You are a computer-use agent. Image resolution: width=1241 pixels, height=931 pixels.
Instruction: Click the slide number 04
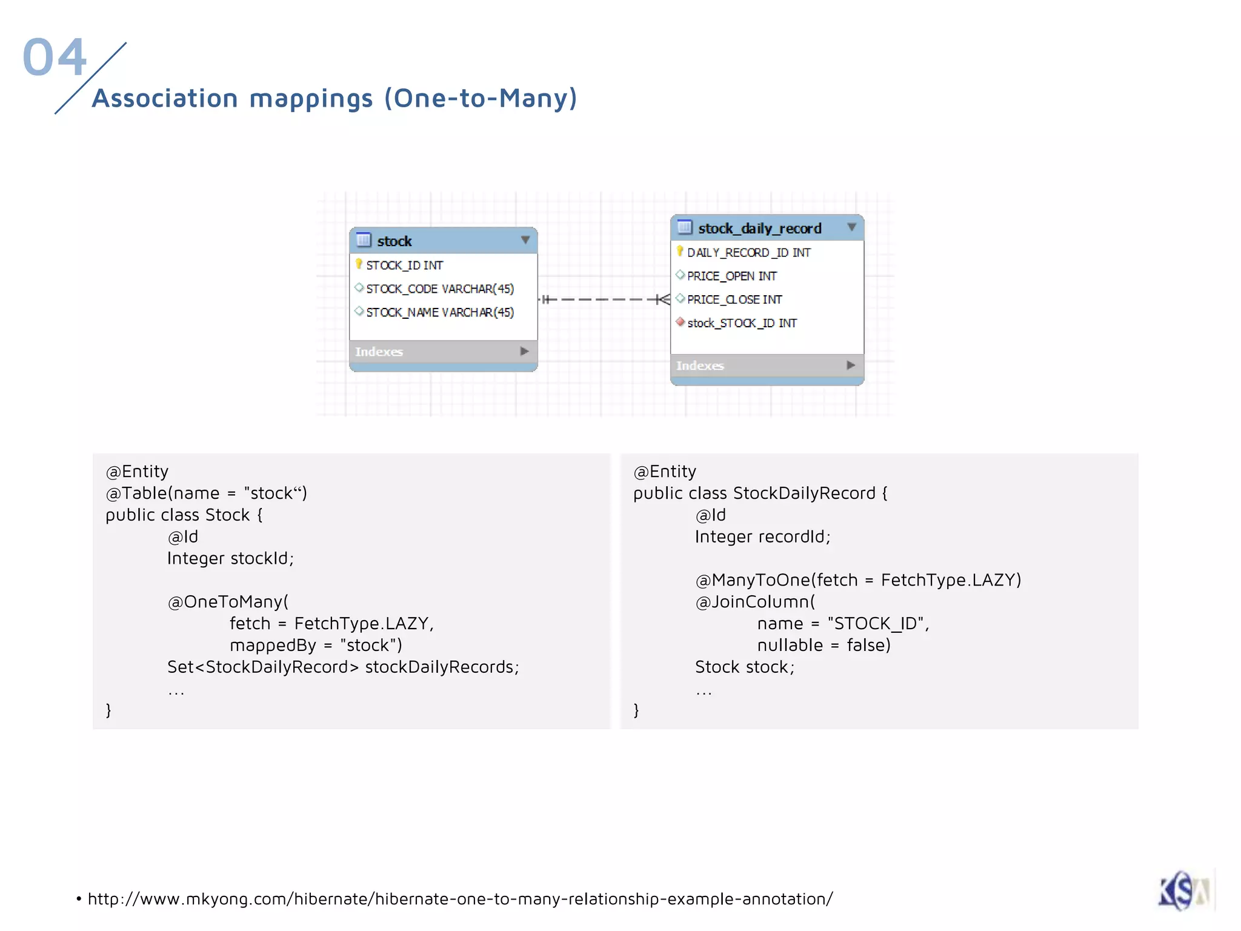(x=55, y=57)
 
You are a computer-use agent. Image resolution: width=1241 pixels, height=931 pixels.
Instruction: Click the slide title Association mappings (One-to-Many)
(x=334, y=98)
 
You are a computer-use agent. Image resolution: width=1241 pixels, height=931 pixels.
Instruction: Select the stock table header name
(x=394, y=241)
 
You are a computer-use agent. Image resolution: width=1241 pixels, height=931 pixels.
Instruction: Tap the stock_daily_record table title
(x=759, y=229)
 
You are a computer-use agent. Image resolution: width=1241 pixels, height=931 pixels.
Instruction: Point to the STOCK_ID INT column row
(x=404, y=265)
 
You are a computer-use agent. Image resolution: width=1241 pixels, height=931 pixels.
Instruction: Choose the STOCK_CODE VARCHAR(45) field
(x=439, y=289)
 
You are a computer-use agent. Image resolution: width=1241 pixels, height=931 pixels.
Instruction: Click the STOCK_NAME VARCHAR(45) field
(x=439, y=313)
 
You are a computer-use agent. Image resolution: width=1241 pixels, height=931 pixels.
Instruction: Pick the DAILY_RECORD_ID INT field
(x=748, y=253)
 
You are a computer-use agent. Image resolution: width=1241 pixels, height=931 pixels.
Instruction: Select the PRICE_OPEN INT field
(x=731, y=276)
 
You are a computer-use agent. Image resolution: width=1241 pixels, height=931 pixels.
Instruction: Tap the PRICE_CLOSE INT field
(x=734, y=300)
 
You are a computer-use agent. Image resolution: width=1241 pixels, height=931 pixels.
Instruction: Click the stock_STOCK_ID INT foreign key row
(x=742, y=324)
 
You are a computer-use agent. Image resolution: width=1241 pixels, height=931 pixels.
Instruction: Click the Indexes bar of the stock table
(x=442, y=352)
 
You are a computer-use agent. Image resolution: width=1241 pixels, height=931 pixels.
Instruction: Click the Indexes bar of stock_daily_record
(x=766, y=365)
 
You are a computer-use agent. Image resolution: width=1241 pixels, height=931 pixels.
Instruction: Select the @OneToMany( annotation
(x=228, y=602)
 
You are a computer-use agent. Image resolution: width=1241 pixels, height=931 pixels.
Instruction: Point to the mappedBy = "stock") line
(x=316, y=646)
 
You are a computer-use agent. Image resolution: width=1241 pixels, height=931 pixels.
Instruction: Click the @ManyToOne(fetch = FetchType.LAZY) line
(x=858, y=580)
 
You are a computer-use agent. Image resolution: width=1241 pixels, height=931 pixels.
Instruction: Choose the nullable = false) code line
(x=823, y=646)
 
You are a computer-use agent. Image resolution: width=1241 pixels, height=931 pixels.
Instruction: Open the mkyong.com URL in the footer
(x=460, y=899)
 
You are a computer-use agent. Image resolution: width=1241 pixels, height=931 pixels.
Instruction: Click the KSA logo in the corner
(x=1185, y=890)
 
